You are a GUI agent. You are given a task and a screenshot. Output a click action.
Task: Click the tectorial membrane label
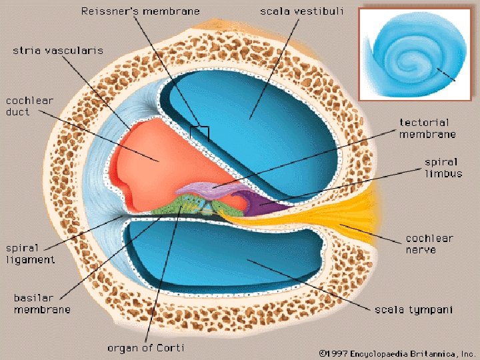pyautogui.click(x=427, y=128)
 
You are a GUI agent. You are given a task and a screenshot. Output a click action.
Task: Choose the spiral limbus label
pyautogui.click(x=441, y=167)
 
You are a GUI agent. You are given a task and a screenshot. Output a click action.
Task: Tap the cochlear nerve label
pyautogui.click(x=429, y=244)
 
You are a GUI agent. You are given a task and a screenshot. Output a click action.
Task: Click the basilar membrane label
pyautogui.click(x=42, y=303)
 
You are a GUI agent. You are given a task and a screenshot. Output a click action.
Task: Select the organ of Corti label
pyautogui.click(x=145, y=348)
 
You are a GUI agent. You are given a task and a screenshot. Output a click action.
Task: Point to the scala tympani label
pyautogui.click(x=413, y=309)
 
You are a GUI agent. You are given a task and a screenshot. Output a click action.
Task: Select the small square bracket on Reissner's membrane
pyautogui.click(x=199, y=133)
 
